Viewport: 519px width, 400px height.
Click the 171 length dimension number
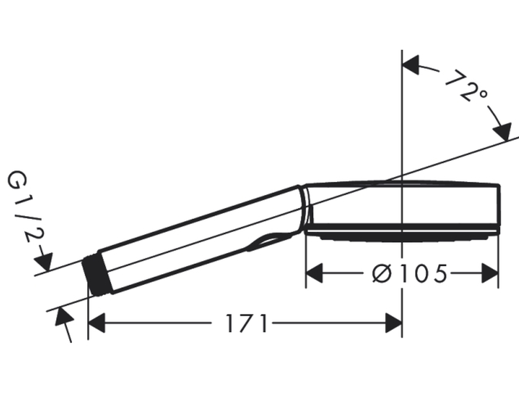pyautogui.click(x=247, y=324)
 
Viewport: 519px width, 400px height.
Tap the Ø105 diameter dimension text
pyautogui.click(x=410, y=274)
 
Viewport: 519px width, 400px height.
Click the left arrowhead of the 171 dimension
pyautogui.click(x=96, y=323)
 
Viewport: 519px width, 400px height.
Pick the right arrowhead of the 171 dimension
pyautogui.click(x=394, y=323)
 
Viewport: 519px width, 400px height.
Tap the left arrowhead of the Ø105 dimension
pyautogui.click(x=314, y=273)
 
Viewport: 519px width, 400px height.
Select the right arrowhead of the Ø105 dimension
pyautogui.click(x=490, y=273)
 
